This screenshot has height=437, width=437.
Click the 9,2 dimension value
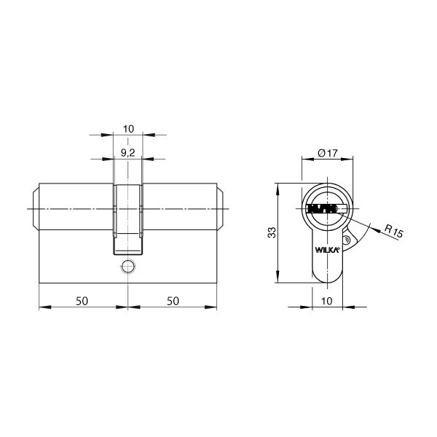(128, 153)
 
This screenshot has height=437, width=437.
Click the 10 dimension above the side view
(128, 129)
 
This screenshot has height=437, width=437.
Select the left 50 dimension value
(82, 301)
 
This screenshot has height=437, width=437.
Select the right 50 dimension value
(173, 301)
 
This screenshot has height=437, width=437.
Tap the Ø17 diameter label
(328, 153)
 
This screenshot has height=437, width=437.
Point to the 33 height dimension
(272, 233)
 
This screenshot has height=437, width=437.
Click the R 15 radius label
(394, 231)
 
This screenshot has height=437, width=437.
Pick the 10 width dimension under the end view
(326, 301)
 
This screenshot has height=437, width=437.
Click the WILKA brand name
(327, 250)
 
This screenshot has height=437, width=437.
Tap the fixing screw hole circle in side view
(128, 267)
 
